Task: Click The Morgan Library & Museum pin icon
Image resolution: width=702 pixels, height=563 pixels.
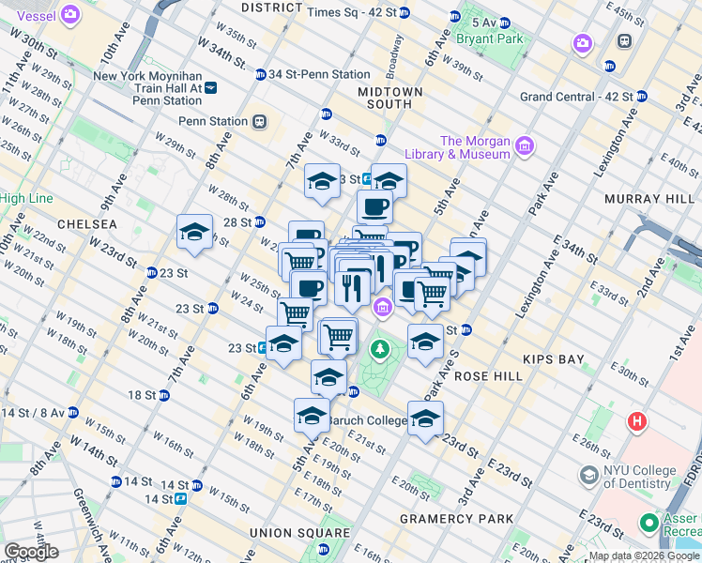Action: pos(524,145)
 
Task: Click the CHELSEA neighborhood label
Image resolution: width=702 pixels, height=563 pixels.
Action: pos(86,224)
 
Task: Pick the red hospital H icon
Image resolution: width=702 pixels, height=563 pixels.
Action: pos(637,421)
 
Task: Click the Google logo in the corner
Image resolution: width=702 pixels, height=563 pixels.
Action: pos(31,552)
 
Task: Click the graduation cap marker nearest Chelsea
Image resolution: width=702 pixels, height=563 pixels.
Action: pos(195,233)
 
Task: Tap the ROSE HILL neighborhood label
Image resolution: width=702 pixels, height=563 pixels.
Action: pos(487,375)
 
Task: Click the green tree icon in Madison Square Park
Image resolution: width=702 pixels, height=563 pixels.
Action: pos(379,350)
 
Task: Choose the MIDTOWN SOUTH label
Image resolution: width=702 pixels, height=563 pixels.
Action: pos(389,98)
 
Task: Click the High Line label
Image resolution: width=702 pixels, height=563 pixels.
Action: pos(25,198)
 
